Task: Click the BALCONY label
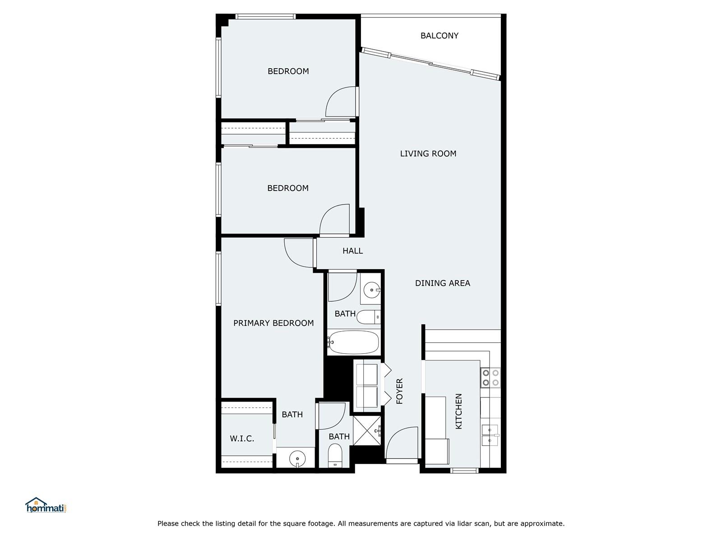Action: [439, 36]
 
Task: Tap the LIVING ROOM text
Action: [428, 154]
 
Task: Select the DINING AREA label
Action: [442, 283]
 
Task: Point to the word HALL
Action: [352, 251]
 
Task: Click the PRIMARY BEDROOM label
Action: [273, 323]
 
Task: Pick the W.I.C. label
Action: [242, 438]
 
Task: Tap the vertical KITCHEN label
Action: [458, 411]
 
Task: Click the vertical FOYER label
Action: [399, 391]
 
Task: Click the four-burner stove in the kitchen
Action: [491, 378]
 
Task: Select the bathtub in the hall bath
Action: [353, 342]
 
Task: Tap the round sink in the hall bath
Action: [372, 290]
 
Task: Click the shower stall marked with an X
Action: [367, 431]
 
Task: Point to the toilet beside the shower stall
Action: [335, 455]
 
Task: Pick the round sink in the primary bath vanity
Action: [297, 458]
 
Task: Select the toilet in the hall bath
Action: [369, 317]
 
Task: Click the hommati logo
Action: [46, 505]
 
